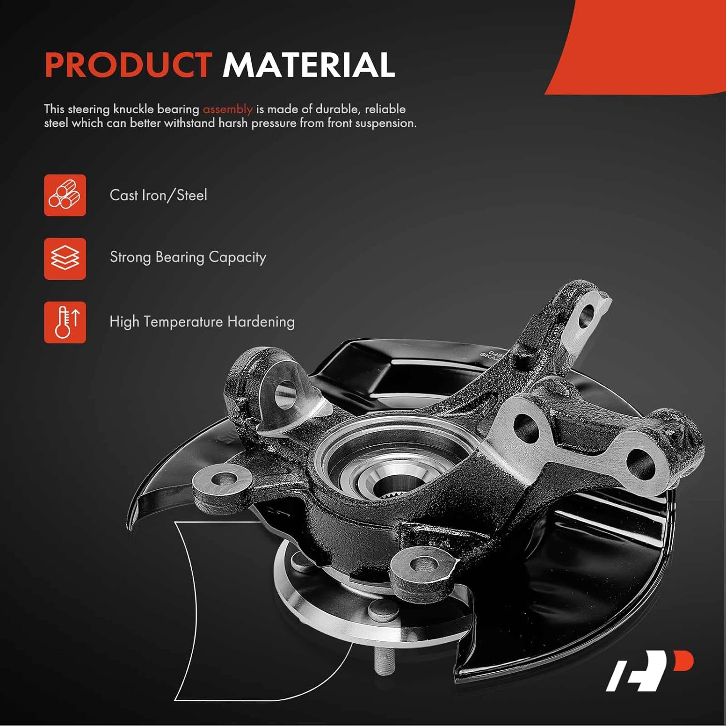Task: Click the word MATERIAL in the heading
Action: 308,65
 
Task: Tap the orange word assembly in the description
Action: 227,109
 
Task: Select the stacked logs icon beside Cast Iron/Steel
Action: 65,195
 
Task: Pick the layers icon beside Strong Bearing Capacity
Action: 65,258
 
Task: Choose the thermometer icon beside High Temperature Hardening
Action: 65,322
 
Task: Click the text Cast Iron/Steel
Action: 158,195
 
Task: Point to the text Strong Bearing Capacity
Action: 188,257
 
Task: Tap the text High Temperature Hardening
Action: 202,322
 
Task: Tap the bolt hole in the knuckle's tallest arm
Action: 586,316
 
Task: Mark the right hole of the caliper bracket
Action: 640,463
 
